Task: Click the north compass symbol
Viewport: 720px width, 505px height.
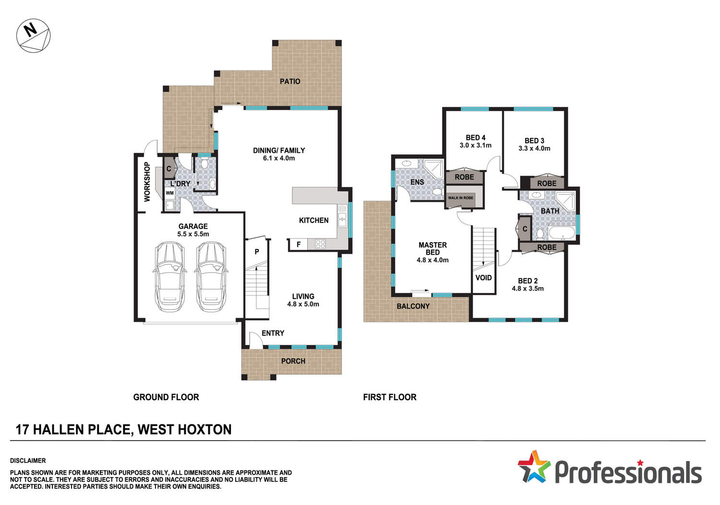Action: point(33,36)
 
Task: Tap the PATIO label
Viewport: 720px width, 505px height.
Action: point(290,82)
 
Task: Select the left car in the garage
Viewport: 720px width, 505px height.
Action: point(169,277)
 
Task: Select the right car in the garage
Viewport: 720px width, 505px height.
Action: point(211,277)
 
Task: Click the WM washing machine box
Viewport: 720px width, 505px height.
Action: point(169,193)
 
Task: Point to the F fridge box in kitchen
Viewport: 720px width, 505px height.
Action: point(299,245)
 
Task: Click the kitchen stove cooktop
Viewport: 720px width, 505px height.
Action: point(320,244)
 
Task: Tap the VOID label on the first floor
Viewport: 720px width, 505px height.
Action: point(483,278)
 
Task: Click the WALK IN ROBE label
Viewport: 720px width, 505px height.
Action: point(460,198)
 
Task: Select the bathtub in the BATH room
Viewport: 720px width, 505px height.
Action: point(562,234)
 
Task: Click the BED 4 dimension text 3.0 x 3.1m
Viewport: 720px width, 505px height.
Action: point(475,146)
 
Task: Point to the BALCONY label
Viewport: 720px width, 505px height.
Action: point(413,306)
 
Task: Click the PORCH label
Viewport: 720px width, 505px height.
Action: point(293,361)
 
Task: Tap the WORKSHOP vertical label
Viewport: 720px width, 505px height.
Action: point(147,182)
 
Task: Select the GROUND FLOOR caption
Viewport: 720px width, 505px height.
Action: point(166,397)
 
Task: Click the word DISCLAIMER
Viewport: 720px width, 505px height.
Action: point(28,461)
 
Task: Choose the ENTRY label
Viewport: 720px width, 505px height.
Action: point(273,333)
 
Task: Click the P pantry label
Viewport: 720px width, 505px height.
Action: point(257,252)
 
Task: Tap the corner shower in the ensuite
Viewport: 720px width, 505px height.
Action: point(434,169)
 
